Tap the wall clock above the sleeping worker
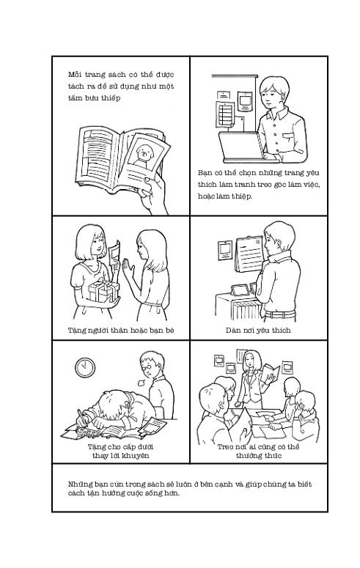pos(85,367)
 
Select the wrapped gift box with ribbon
pos(103,290)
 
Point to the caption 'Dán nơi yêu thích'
pos(258,330)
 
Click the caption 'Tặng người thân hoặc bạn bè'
pos(121,330)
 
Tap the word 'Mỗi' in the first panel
pos(74,75)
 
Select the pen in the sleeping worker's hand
pos(81,417)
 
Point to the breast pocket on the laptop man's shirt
pos(288,138)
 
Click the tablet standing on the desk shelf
pos(240,289)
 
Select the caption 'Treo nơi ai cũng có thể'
pos(258,446)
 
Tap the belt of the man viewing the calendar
pos(280,314)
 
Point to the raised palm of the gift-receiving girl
pos(128,269)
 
